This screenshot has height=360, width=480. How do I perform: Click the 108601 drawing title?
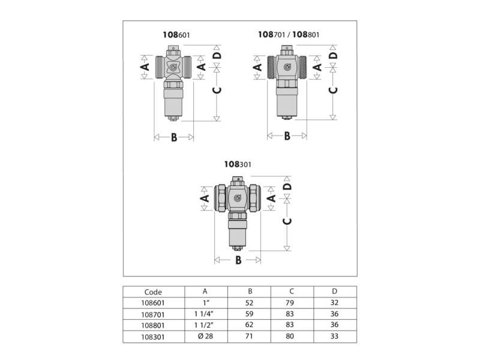pos(176,35)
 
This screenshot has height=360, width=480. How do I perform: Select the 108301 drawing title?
pos(238,164)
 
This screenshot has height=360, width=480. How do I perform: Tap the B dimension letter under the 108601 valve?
pos(174,137)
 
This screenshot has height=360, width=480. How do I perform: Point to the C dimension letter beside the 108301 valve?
pos(287,221)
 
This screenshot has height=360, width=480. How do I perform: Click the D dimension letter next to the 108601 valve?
pos(217,55)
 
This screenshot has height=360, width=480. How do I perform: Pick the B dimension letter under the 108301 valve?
pos(238,260)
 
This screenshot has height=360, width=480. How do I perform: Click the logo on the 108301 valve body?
pos(238,198)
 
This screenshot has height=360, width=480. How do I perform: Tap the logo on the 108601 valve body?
pos(173,67)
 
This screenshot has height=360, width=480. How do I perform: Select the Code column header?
pos(153,292)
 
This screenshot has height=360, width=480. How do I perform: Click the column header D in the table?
pos(335,291)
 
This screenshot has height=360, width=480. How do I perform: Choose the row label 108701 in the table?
pos(153,314)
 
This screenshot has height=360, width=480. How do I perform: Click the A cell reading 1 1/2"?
pos(204,325)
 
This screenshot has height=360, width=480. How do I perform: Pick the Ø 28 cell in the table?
pos(205,336)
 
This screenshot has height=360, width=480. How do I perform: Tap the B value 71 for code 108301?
pos(249,336)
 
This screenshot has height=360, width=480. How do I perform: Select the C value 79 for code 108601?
pos(290,303)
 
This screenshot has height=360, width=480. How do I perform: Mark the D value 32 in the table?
pos(334,303)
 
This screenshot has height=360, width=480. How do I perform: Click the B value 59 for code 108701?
pos(249,314)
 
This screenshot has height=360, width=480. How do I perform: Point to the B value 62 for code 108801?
pos(249,325)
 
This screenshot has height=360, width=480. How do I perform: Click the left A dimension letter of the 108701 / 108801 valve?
pos(258,67)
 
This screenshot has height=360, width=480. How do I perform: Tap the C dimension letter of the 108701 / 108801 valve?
pos(333,90)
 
